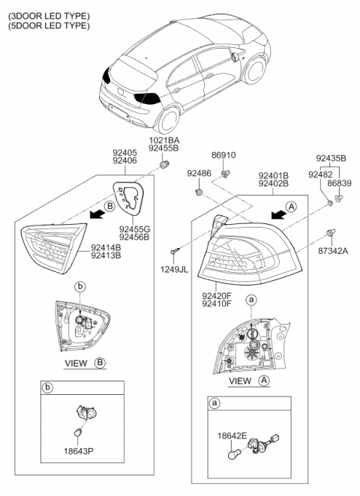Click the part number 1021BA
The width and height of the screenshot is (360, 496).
[163, 140]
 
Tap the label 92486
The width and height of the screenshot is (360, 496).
[199, 173]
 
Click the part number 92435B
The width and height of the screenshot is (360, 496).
[331, 159]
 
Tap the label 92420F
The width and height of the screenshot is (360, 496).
[217, 296]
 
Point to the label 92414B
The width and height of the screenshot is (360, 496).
[106, 247]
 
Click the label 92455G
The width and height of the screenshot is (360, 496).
[134, 229]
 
